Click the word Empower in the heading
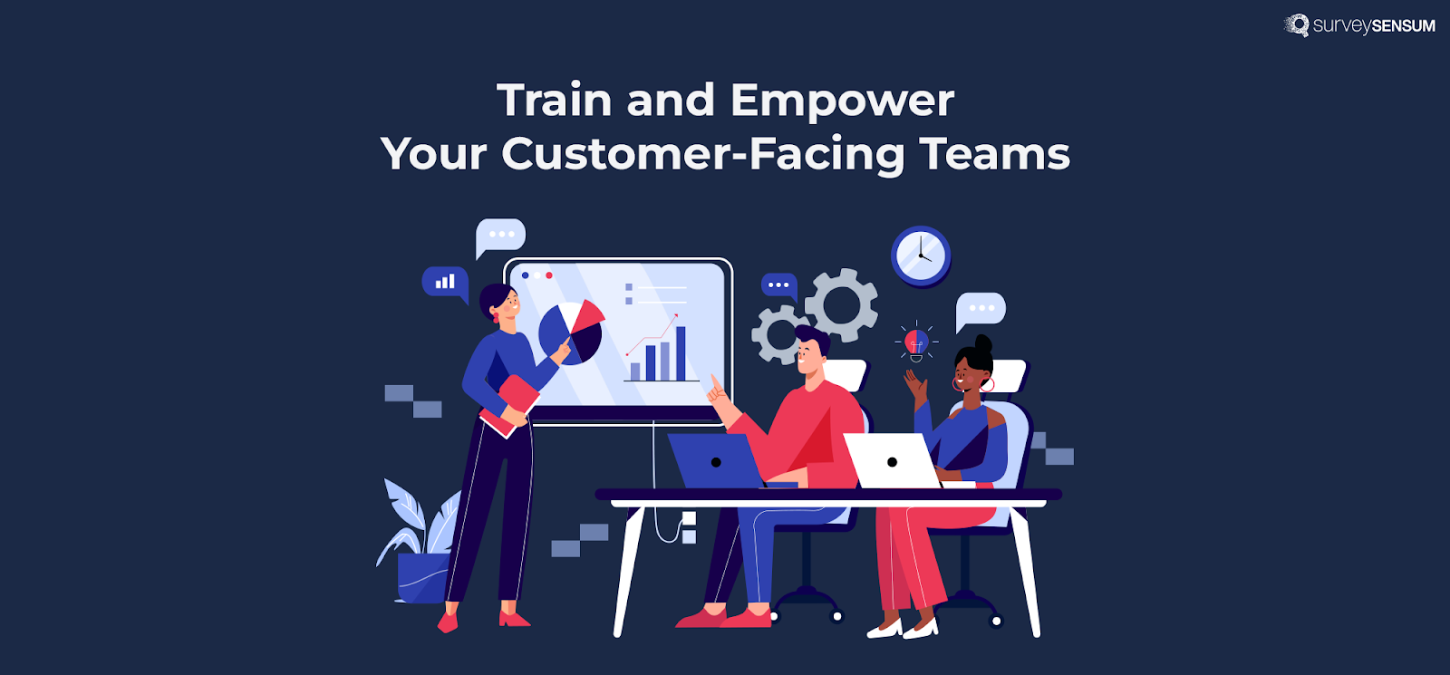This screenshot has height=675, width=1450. point(842,101)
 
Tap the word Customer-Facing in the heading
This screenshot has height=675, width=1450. point(702,154)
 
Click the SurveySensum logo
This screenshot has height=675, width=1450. point(1359,25)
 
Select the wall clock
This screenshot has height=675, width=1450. point(921,256)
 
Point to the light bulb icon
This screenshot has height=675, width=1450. point(916,342)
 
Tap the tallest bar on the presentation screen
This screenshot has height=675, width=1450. point(681,353)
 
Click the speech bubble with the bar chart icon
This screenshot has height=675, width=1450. point(445,282)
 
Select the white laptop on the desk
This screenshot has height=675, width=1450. point(891,461)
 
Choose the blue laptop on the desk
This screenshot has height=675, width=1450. point(715,461)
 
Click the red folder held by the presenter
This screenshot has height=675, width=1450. point(512,403)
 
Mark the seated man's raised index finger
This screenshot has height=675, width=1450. point(714,382)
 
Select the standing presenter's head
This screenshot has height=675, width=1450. point(501,303)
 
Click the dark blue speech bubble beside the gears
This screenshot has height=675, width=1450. point(778,285)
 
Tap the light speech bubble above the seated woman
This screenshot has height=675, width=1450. point(981,309)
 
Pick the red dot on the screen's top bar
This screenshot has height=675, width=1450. point(549,275)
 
